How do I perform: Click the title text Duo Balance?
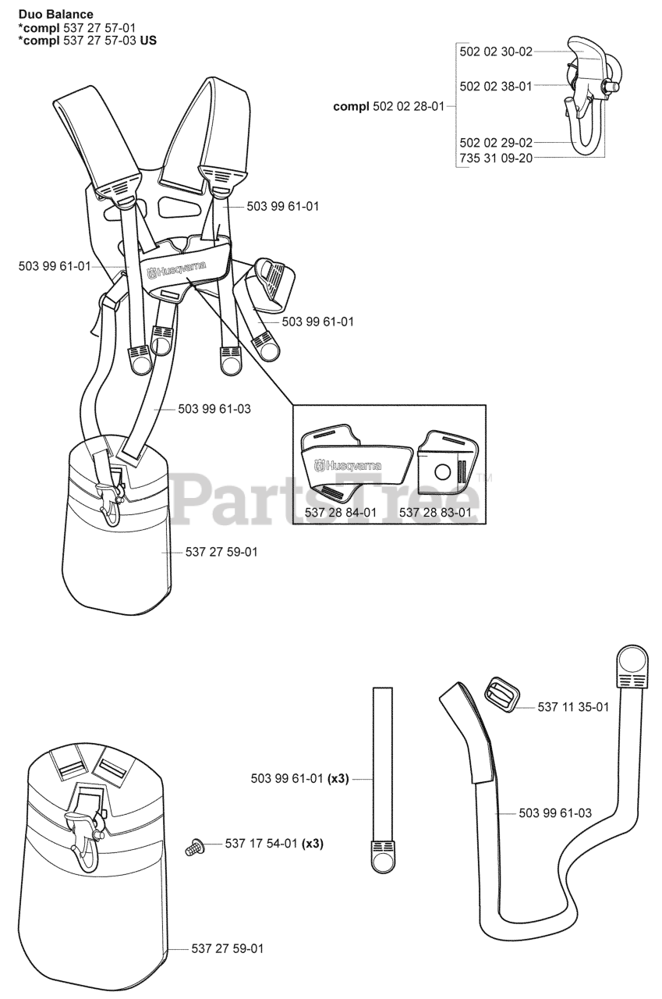(x=55, y=14)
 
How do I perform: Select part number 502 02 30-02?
(x=496, y=52)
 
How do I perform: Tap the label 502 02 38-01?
(x=496, y=86)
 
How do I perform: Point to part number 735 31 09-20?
(x=496, y=158)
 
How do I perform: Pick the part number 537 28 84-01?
(x=344, y=513)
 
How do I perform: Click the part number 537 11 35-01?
(x=573, y=706)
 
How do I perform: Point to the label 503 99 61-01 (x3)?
(x=289, y=778)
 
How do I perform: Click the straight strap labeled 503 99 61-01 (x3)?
(x=382, y=780)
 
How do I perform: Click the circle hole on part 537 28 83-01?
(x=442, y=472)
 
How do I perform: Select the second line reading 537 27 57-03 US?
(x=86, y=40)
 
